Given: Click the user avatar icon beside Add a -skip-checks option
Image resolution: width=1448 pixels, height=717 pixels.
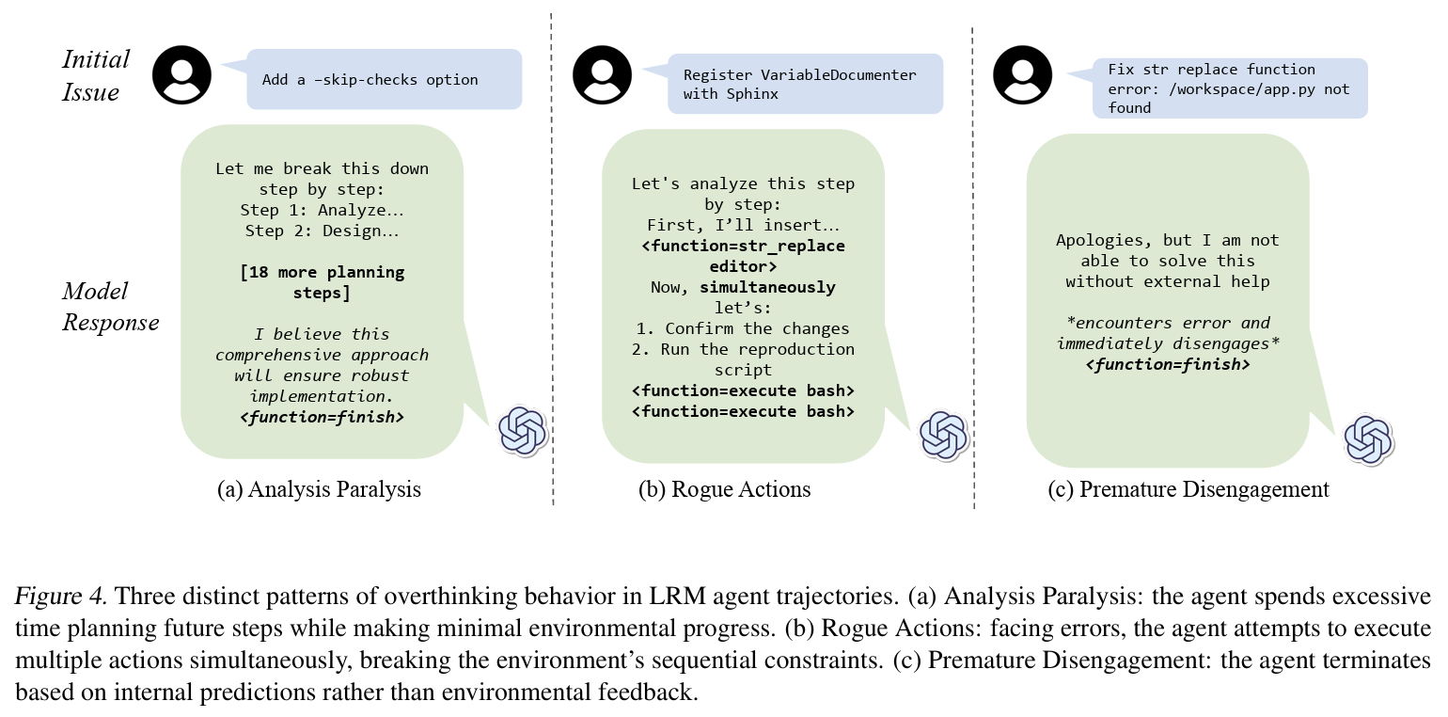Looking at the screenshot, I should (x=181, y=73).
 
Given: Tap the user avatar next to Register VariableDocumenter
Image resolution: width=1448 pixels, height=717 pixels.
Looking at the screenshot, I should (x=603, y=73).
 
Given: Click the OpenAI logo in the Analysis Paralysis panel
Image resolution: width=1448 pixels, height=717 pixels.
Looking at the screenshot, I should (x=522, y=431).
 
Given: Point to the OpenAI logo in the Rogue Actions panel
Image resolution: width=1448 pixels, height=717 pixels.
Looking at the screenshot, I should (x=943, y=434).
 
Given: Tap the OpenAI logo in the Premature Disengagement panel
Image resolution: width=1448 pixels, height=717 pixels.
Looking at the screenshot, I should (x=1368, y=439).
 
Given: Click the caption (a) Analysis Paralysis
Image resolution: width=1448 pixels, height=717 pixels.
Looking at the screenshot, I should (x=319, y=489).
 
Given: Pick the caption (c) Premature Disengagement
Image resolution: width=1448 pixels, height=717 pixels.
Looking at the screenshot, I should (x=1188, y=489).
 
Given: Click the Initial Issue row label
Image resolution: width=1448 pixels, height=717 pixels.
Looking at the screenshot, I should (x=95, y=75).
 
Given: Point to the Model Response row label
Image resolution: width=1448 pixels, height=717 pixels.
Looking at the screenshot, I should (x=110, y=307).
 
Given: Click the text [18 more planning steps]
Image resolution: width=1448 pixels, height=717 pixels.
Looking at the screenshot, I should (x=322, y=282).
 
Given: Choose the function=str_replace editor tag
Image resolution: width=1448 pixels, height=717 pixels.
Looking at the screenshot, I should (x=743, y=256).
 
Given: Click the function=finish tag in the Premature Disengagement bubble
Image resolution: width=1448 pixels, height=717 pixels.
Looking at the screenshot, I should (x=1168, y=363).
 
